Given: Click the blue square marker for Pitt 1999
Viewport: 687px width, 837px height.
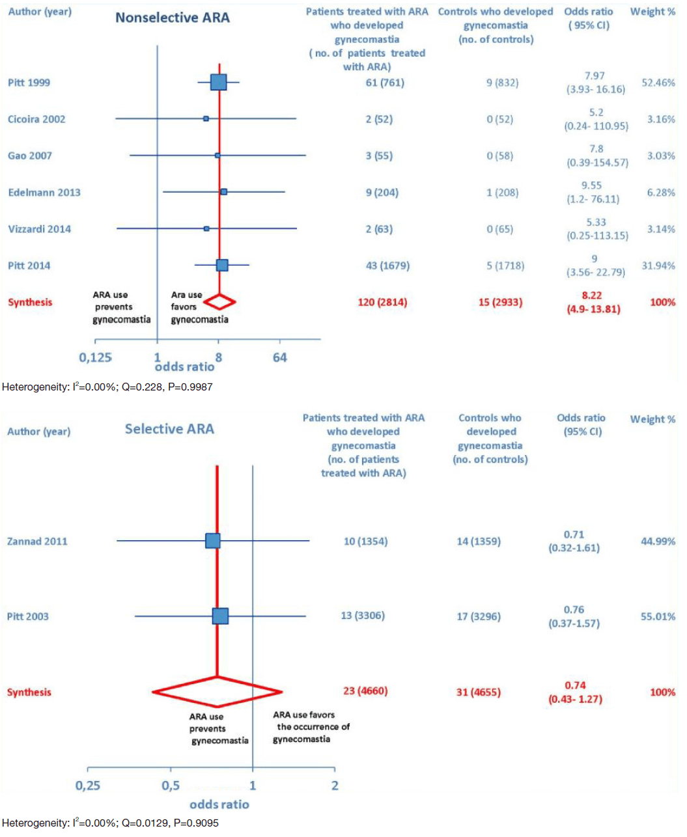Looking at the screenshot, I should tap(219, 82).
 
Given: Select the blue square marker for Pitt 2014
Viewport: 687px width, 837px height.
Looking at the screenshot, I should tap(222, 265).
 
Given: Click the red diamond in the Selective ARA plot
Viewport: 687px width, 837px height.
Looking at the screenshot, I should tap(217, 691).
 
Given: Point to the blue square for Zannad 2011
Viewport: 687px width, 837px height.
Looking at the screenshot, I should tap(213, 541).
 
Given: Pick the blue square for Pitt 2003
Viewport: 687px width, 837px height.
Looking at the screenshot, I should tap(221, 616).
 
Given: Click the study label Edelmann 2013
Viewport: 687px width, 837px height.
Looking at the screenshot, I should tap(44, 192).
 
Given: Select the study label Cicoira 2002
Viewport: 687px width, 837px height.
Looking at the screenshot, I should tap(36, 119).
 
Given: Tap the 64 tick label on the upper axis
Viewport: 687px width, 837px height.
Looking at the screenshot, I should tap(280, 357).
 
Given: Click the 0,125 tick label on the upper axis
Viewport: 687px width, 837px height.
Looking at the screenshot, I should tap(96, 357).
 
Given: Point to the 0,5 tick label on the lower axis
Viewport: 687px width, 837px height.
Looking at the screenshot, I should tap(171, 786).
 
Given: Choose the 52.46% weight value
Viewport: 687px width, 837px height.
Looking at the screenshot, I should tap(658, 83).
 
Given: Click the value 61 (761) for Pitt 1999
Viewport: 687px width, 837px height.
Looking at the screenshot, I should tap(385, 83).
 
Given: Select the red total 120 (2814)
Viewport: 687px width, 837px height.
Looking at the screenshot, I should tap(382, 302).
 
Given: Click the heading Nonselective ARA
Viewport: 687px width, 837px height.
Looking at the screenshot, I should tap(173, 18).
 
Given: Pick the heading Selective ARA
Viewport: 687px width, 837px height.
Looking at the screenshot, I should tap(169, 429).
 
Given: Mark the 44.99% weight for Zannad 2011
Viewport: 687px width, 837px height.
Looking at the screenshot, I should tap(658, 541).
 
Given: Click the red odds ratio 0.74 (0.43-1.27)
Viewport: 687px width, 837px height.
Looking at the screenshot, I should tap(575, 693).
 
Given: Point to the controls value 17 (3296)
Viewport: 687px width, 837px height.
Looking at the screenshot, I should tap(479, 616).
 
